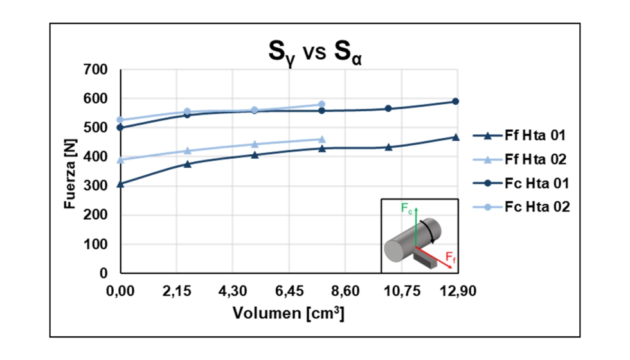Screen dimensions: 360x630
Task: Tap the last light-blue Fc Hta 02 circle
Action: (x=322, y=104)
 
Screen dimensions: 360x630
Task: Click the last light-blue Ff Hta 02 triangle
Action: (x=322, y=139)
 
